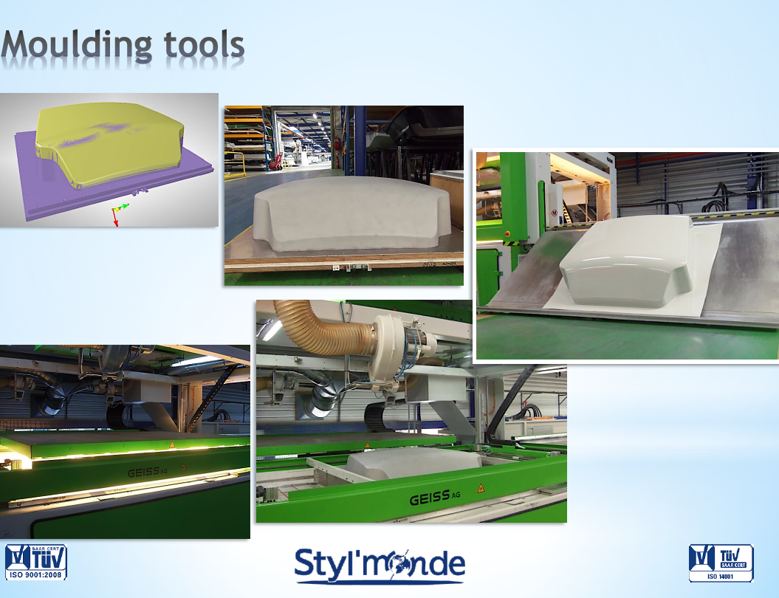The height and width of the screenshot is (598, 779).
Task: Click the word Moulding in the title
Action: click(x=77, y=47)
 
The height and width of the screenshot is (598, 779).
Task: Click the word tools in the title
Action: click(x=205, y=45)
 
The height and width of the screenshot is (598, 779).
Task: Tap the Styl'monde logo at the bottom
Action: click(x=380, y=566)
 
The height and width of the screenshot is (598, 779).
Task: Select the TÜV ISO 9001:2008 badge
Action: click(x=35, y=563)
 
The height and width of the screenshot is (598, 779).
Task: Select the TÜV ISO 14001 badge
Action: click(x=721, y=563)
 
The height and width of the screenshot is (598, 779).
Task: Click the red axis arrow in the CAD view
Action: click(x=115, y=218)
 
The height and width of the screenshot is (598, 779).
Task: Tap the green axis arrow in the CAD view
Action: click(x=123, y=206)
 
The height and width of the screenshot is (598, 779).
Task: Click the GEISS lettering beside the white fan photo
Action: click(x=435, y=498)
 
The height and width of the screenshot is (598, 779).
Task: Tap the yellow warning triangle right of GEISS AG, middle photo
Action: click(x=481, y=488)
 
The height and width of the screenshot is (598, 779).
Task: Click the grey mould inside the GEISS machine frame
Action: click(x=412, y=464)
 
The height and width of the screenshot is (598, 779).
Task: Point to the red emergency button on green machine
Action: click(x=507, y=233)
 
